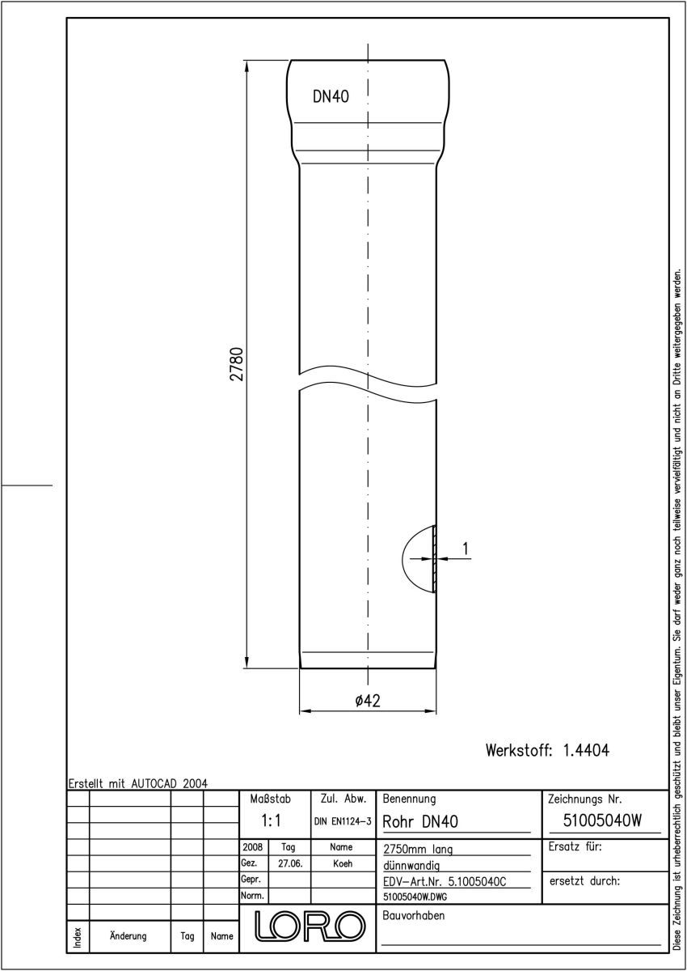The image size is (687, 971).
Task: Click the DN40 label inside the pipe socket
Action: (x=331, y=96)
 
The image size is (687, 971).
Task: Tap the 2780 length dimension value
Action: (x=236, y=364)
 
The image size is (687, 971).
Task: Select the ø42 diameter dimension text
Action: (x=368, y=701)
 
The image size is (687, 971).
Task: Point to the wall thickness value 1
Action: (x=466, y=549)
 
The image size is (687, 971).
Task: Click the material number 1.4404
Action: (x=586, y=750)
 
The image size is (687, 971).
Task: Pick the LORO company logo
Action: (x=310, y=926)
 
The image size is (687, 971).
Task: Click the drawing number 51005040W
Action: (x=602, y=820)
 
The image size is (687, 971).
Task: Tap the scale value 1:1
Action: (x=271, y=820)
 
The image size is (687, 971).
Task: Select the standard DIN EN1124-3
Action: (x=343, y=821)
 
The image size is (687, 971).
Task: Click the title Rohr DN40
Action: (x=420, y=821)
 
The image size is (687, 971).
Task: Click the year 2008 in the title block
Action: (x=253, y=846)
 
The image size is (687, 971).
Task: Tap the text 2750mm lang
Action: (x=418, y=849)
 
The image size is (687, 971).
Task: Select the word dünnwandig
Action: (x=411, y=866)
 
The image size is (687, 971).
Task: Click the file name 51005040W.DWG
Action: (x=415, y=897)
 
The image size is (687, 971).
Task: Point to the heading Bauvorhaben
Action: (x=413, y=915)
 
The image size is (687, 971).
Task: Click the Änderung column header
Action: (x=129, y=936)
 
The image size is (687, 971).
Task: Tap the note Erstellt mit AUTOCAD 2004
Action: (x=138, y=783)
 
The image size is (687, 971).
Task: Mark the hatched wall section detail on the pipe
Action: (x=434, y=558)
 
